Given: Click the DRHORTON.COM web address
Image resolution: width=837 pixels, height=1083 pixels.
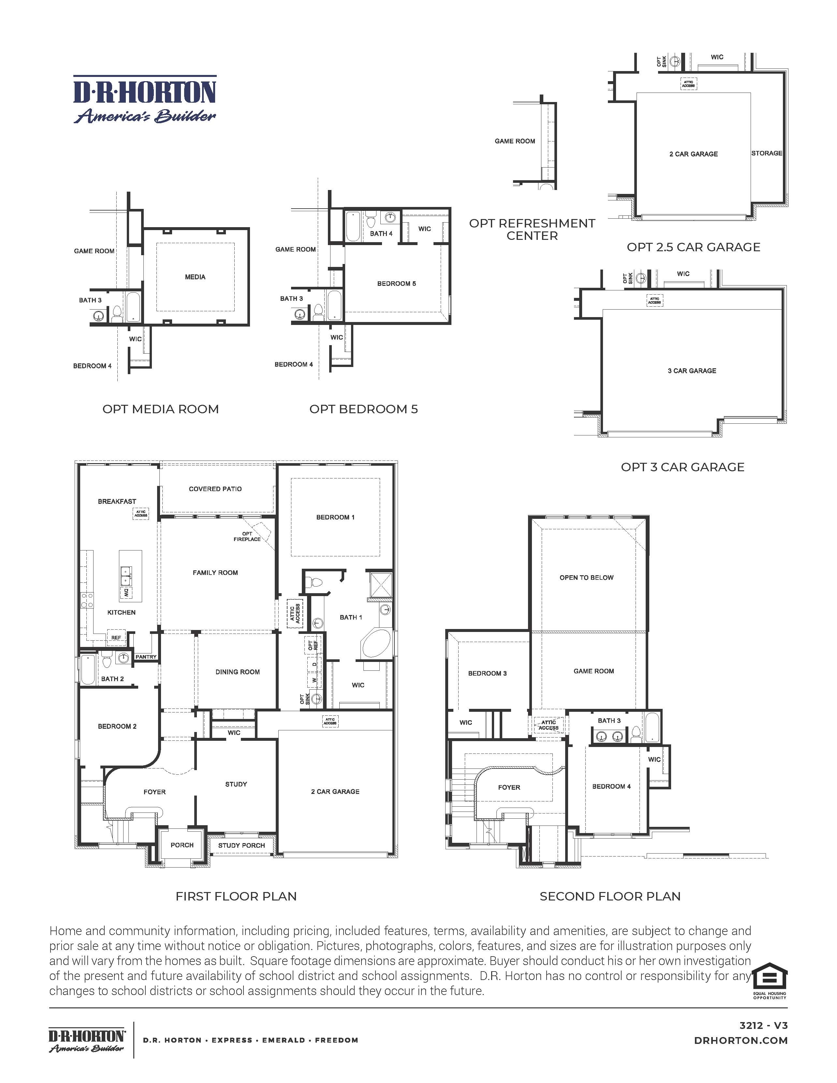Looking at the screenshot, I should pos(741,1040).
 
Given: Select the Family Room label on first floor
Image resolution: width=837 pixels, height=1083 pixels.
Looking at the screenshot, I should pos(215,573).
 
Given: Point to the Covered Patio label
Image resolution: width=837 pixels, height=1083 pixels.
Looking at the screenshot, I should pos(215,489).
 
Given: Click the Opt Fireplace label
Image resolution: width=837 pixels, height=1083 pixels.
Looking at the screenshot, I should pos(247,536).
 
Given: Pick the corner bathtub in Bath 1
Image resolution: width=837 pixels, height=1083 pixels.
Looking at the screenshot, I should pos(378,644).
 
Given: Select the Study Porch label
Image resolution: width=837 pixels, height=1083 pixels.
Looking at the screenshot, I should pos(242,845).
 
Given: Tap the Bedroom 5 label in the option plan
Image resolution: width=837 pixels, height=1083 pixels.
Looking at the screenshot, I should pos(396,284).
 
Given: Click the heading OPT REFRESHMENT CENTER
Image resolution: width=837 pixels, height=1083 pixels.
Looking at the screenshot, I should pos(532,229).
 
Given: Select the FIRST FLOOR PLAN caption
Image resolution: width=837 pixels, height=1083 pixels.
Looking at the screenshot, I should pos(236,897).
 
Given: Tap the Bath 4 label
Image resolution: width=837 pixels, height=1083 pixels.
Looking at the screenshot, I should pos(381,234).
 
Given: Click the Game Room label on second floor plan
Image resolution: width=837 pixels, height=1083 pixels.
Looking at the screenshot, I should pos(594,671).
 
